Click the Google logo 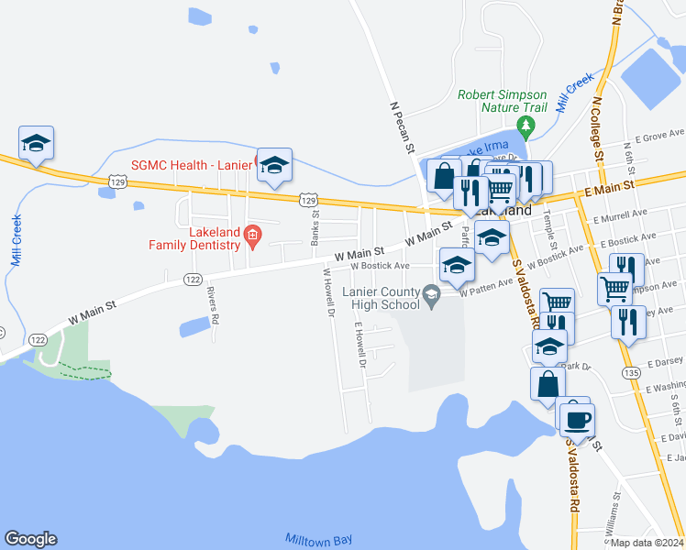30,539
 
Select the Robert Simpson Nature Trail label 503,101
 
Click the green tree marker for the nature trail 526,125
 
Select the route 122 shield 193,279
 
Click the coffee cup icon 577,420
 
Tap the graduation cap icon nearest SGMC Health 274,165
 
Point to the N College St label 597,133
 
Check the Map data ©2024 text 647,543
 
